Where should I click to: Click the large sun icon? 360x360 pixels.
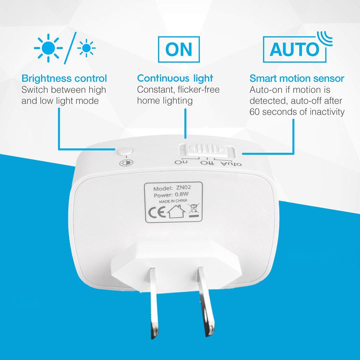[48, 48]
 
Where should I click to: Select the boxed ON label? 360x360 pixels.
[178, 49]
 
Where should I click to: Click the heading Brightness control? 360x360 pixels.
[64, 78]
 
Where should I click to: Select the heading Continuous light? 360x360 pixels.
[175, 78]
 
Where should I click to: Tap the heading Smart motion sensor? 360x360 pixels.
[297, 78]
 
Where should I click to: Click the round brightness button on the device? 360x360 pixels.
[125, 152]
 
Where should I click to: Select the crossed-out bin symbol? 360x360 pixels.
[194, 210]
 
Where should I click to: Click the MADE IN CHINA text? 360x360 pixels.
[172, 202]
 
